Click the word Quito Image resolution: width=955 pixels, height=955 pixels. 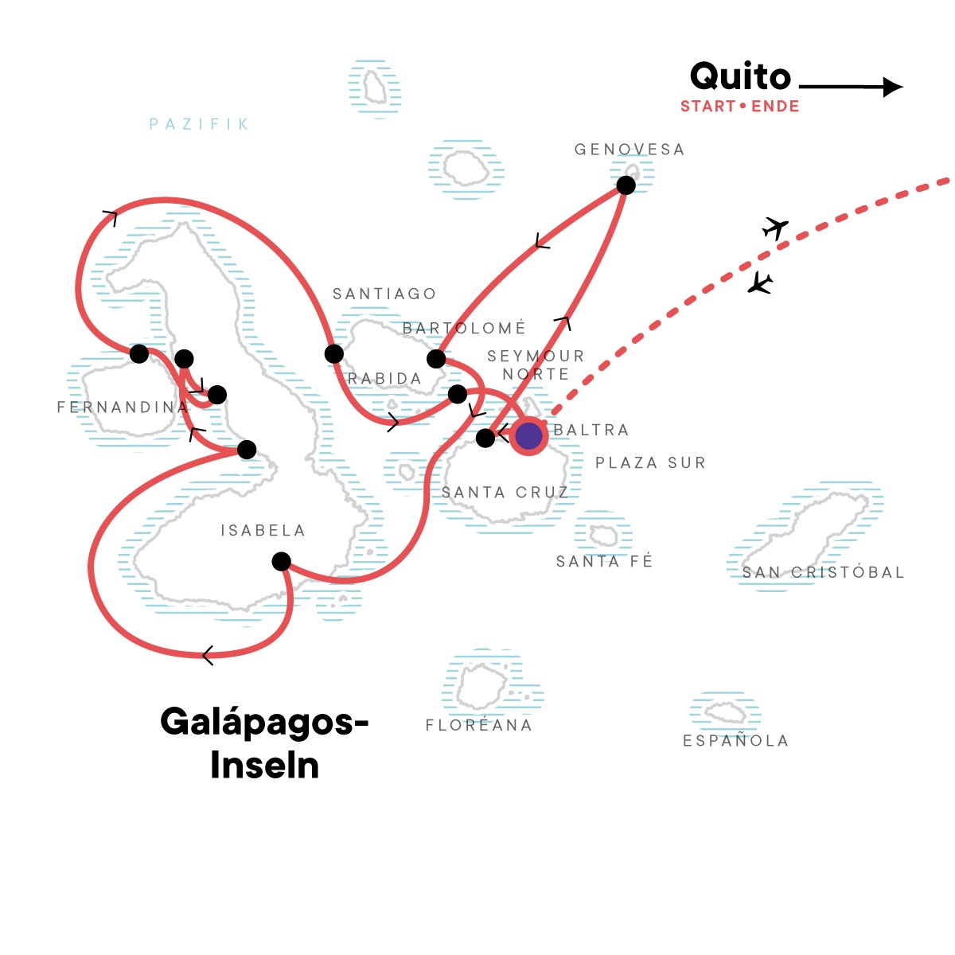tap(740, 77)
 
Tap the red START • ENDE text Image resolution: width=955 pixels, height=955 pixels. tap(739, 107)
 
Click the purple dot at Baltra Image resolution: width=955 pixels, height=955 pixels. tap(528, 435)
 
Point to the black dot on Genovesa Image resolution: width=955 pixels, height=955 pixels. tap(626, 185)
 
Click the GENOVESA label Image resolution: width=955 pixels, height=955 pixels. tap(629, 150)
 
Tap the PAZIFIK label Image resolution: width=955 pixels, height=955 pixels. tap(200, 124)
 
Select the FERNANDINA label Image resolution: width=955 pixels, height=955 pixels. tap(122, 407)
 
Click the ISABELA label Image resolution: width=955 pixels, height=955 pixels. tap(263, 530)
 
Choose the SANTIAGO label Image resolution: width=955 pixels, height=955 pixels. tap(384, 294)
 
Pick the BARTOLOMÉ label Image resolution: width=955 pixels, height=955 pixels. tap(464, 328)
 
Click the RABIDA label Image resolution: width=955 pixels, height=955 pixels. tap(384, 379)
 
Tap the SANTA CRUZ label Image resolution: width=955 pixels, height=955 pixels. tap(505, 493)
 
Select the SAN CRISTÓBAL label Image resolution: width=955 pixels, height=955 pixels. tap(823, 572)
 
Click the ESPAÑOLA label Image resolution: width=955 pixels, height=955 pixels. tap(735, 741)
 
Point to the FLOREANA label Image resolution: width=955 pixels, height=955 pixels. tap(478, 725)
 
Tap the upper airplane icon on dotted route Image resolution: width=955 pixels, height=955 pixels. tap(774, 228)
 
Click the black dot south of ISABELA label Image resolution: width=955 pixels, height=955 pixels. tap(281, 562)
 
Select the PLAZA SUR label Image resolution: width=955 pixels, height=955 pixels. tap(650, 463)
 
